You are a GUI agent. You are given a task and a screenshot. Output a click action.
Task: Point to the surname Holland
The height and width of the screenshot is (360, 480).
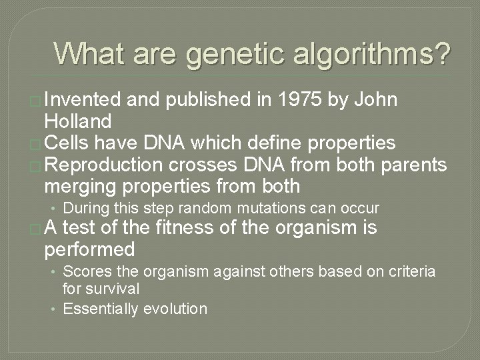pyautogui.click(x=79, y=121)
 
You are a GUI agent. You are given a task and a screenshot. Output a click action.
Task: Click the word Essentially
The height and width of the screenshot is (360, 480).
pyautogui.click(x=101, y=308)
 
